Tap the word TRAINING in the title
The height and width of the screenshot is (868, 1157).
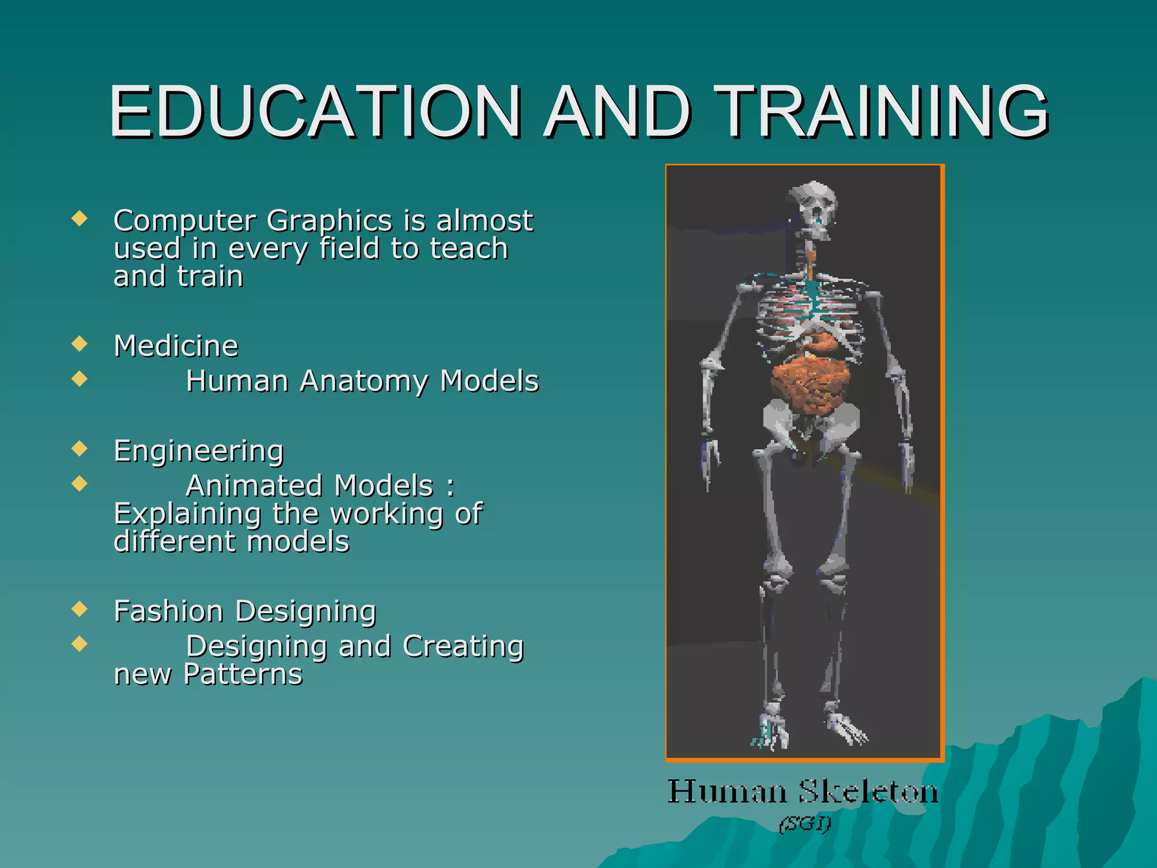click(884, 111)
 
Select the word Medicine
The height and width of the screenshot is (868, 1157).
click(176, 346)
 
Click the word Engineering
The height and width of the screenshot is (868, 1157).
click(198, 452)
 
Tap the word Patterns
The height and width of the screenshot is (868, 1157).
click(243, 675)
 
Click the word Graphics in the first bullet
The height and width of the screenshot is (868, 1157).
click(329, 221)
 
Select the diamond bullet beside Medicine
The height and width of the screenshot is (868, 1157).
click(80, 344)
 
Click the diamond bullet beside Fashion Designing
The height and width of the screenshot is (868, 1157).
click(80, 609)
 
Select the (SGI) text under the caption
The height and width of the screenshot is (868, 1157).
click(804, 824)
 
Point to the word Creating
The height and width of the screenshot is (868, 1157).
click(463, 646)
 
